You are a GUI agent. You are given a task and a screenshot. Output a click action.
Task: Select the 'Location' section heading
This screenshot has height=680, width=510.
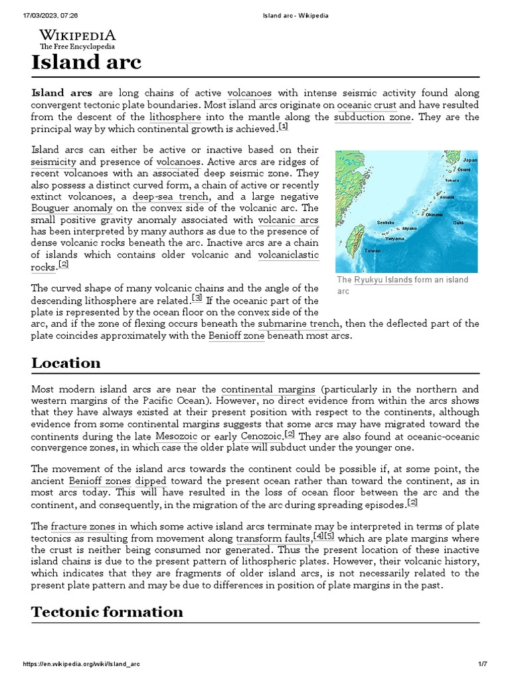click(66, 363)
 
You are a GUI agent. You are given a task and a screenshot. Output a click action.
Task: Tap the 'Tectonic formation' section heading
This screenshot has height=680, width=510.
click(107, 612)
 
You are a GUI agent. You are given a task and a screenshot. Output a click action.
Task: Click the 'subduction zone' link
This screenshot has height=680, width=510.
click(373, 118)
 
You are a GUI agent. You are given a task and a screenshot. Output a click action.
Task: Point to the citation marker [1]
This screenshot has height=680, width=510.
click(284, 127)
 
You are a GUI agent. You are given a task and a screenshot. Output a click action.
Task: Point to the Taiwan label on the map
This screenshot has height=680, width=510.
click(373, 250)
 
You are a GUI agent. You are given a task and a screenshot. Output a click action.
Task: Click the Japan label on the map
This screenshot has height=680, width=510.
click(469, 160)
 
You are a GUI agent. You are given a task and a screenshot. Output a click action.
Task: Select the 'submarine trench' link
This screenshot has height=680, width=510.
click(299, 324)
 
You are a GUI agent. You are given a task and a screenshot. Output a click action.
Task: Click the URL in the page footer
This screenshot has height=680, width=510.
click(82, 664)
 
